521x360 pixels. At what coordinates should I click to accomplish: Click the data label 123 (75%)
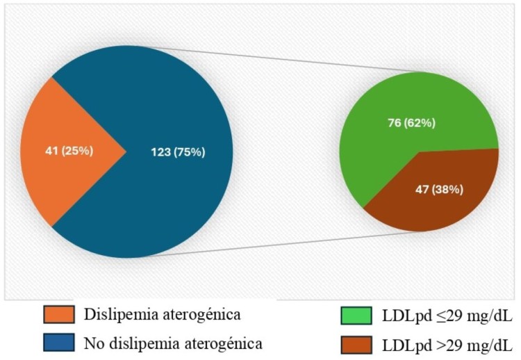(178, 152)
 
